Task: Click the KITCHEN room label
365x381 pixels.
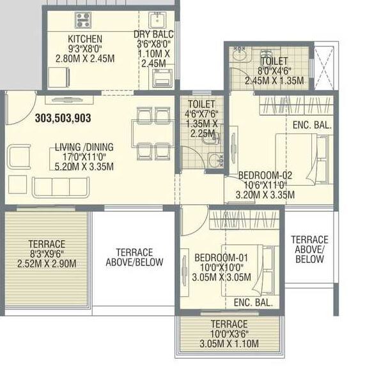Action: click(84, 39)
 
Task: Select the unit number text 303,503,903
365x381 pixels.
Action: click(63, 118)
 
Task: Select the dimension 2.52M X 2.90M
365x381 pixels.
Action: click(47, 264)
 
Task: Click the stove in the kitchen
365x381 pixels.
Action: click(84, 19)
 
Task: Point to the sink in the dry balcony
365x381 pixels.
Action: click(157, 19)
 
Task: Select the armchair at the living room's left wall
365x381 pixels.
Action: click(20, 156)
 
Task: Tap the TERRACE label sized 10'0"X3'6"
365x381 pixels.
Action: click(228, 324)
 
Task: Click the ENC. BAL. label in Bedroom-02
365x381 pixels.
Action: click(311, 126)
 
